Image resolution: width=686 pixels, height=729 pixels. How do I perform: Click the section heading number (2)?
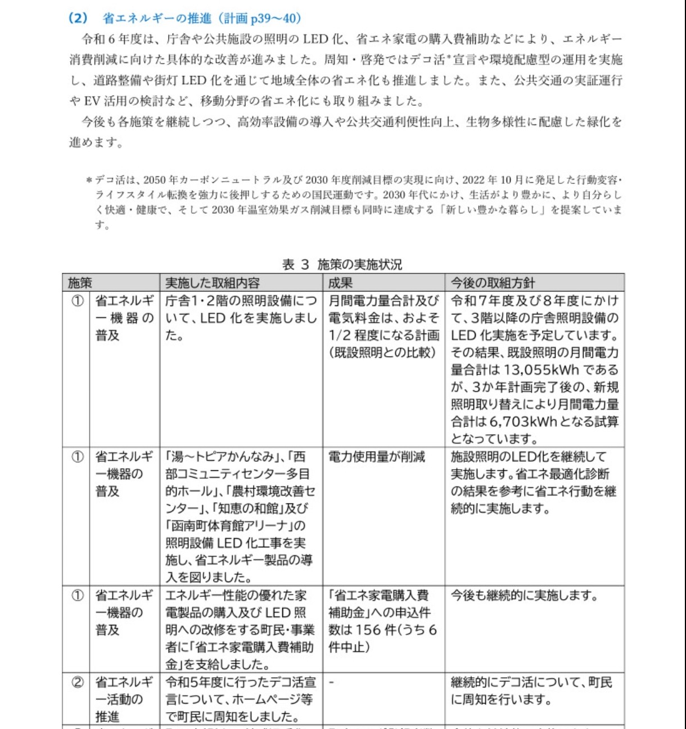[x=78, y=18]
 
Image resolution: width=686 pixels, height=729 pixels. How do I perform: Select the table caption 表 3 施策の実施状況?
[x=342, y=264]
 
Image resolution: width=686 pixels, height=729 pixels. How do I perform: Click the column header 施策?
[x=80, y=282]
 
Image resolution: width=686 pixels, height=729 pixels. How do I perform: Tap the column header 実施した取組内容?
[x=212, y=282]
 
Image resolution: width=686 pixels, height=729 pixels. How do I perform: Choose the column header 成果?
[x=340, y=282]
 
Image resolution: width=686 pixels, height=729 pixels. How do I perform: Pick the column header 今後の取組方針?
[x=493, y=282]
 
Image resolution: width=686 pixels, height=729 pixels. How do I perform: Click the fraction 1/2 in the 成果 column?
[x=340, y=336]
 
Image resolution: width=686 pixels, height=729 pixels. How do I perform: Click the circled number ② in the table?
[x=78, y=683]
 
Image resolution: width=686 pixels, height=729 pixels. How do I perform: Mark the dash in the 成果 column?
[x=331, y=683]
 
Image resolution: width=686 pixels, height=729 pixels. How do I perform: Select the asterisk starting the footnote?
[x=89, y=181]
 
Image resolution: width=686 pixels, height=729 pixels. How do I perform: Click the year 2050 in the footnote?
[x=155, y=181]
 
